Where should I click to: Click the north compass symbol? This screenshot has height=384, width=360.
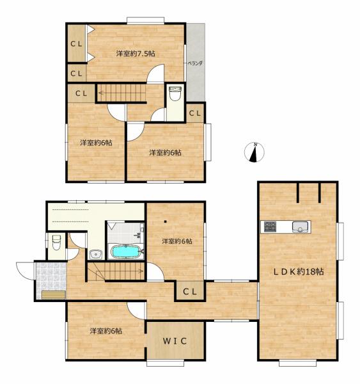click(254, 152)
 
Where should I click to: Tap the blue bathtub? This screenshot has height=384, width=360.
click(125, 252)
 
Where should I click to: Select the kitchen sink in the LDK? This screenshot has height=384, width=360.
click(300, 227)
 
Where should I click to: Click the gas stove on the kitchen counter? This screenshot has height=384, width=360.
click(270, 227)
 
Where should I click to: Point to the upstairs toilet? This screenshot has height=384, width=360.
click(175, 93)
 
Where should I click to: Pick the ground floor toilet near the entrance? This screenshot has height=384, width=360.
click(56, 243)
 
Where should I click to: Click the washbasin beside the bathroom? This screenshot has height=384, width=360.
click(96, 255)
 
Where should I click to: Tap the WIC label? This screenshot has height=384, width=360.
click(175, 340)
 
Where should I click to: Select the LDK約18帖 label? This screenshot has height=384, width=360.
click(299, 271)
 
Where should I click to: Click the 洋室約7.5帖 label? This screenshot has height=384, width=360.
click(136, 53)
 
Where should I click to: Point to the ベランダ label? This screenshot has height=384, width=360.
click(195, 63)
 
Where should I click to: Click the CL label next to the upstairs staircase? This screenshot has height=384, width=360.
click(81, 93)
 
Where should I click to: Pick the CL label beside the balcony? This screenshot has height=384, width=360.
click(195, 113)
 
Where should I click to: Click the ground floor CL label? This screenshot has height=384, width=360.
click(190, 291)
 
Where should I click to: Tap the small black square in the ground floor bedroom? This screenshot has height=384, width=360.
click(166, 222)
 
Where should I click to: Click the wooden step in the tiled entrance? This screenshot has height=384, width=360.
click(53, 295)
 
